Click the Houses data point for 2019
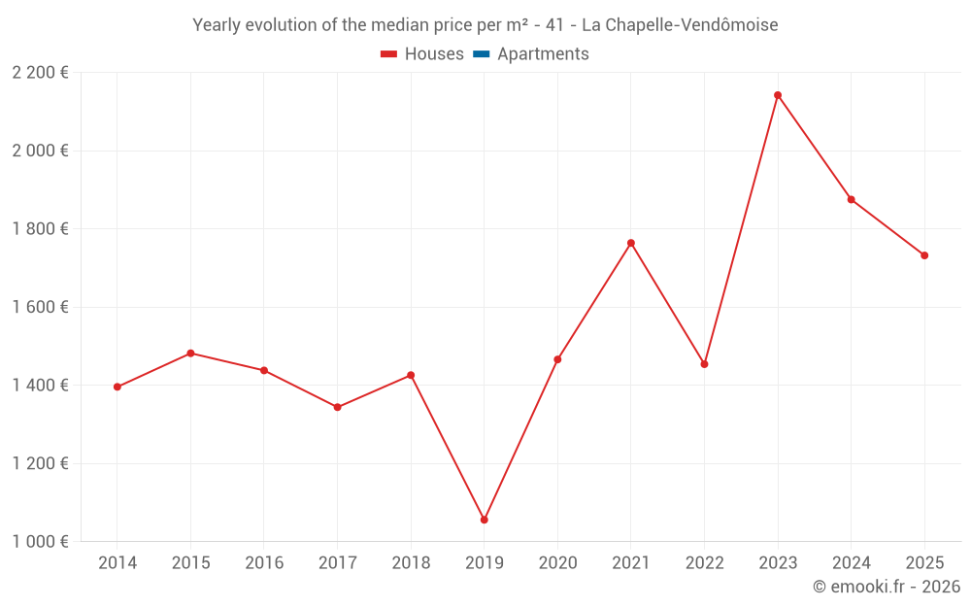485,520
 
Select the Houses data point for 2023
778,95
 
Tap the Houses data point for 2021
631,243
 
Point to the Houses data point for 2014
117,387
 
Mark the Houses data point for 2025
924,255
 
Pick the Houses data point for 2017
337,407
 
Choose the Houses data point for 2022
704,364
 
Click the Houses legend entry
422,54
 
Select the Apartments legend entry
531,54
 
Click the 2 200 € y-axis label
41,73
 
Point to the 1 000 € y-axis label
41,542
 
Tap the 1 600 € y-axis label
41,307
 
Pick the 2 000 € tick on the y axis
41,151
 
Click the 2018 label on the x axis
411,563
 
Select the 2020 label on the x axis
557,563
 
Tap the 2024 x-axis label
851,563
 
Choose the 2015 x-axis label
190,563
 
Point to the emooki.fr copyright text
887,587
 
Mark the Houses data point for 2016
264,370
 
